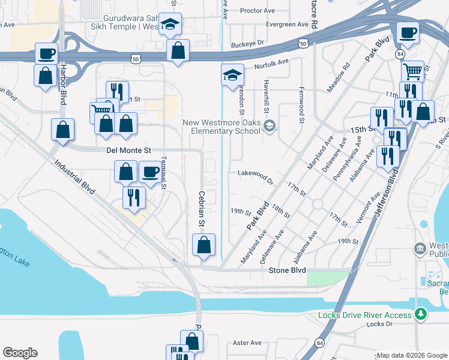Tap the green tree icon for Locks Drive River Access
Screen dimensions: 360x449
click(x=422, y=314)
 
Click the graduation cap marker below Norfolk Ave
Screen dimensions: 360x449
click(x=232, y=76)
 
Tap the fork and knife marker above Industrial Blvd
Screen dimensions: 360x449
click(x=133, y=197)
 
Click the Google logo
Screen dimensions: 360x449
click(x=20, y=353)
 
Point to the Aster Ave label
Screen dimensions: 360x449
click(x=247, y=343)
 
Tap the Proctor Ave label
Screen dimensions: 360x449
click(x=257, y=11)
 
